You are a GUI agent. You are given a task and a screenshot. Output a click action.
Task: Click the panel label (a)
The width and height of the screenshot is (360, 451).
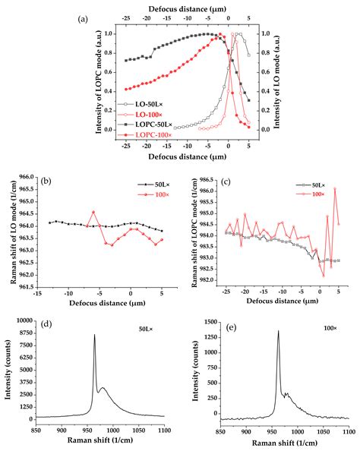(x=84, y=20)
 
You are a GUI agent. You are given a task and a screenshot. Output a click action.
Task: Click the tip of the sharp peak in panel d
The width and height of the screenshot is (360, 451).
(x=95, y=335)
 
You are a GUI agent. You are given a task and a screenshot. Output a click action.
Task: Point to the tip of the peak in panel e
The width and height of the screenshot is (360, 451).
(x=278, y=330)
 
